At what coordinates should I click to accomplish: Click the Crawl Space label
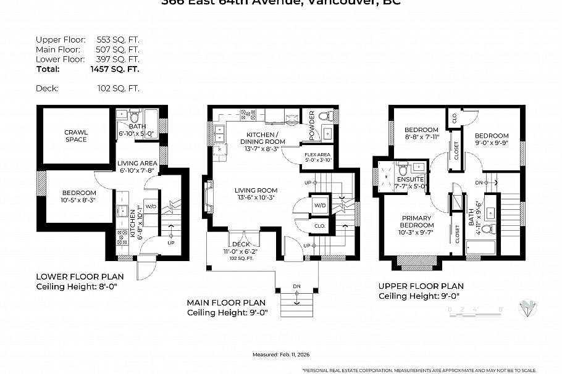click(x=77, y=136)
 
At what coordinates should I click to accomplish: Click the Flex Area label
click(x=319, y=157)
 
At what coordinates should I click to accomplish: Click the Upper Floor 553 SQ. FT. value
click(x=118, y=38)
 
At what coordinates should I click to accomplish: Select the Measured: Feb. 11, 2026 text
click(x=280, y=355)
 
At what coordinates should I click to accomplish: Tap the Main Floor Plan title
click(x=226, y=303)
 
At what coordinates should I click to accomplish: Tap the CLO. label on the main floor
click(x=319, y=226)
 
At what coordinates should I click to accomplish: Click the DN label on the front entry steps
click(x=297, y=286)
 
